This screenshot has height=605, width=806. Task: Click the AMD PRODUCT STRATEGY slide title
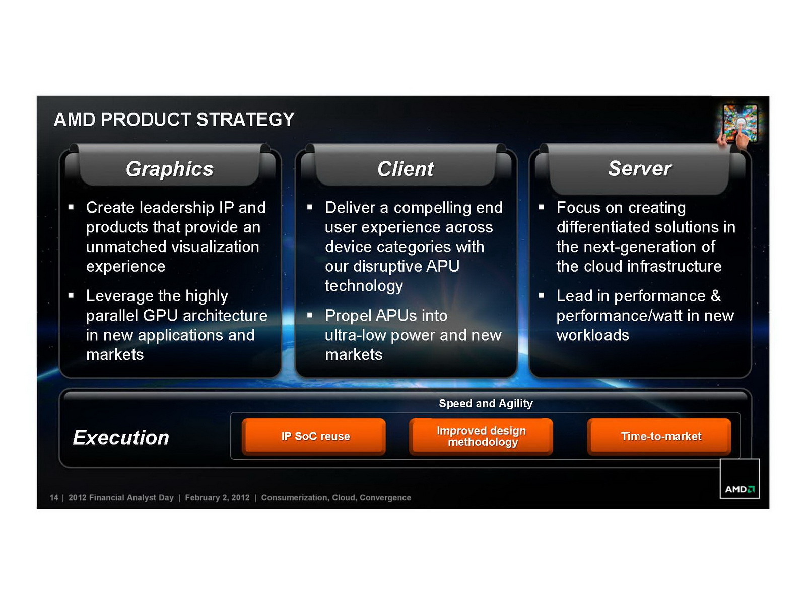(174, 119)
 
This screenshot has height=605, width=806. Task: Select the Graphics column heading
(170, 169)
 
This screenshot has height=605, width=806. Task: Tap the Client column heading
(406, 169)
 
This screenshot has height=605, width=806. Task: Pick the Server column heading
(640, 168)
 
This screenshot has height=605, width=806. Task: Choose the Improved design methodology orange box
(481, 437)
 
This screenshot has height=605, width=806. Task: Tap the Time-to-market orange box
(659, 437)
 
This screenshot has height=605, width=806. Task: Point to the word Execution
(121, 438)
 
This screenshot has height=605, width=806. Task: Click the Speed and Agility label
(486, 403)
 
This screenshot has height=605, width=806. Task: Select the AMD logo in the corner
(740, 478)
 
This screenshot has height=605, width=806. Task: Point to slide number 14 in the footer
(54, 498)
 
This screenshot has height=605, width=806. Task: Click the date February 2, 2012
(217, 498)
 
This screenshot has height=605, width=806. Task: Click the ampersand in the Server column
(716, 296)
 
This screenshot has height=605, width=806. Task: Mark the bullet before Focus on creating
(541, 207)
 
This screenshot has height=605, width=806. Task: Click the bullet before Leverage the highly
(71, 295)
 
